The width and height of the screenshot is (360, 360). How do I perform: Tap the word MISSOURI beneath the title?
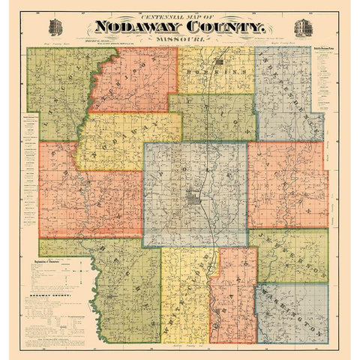click(180, 41)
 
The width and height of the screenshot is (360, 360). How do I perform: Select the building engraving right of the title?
click(303, 27)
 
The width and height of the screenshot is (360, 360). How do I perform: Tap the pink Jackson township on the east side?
click(289, 184)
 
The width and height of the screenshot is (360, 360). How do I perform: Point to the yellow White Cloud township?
click(184, 292)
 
